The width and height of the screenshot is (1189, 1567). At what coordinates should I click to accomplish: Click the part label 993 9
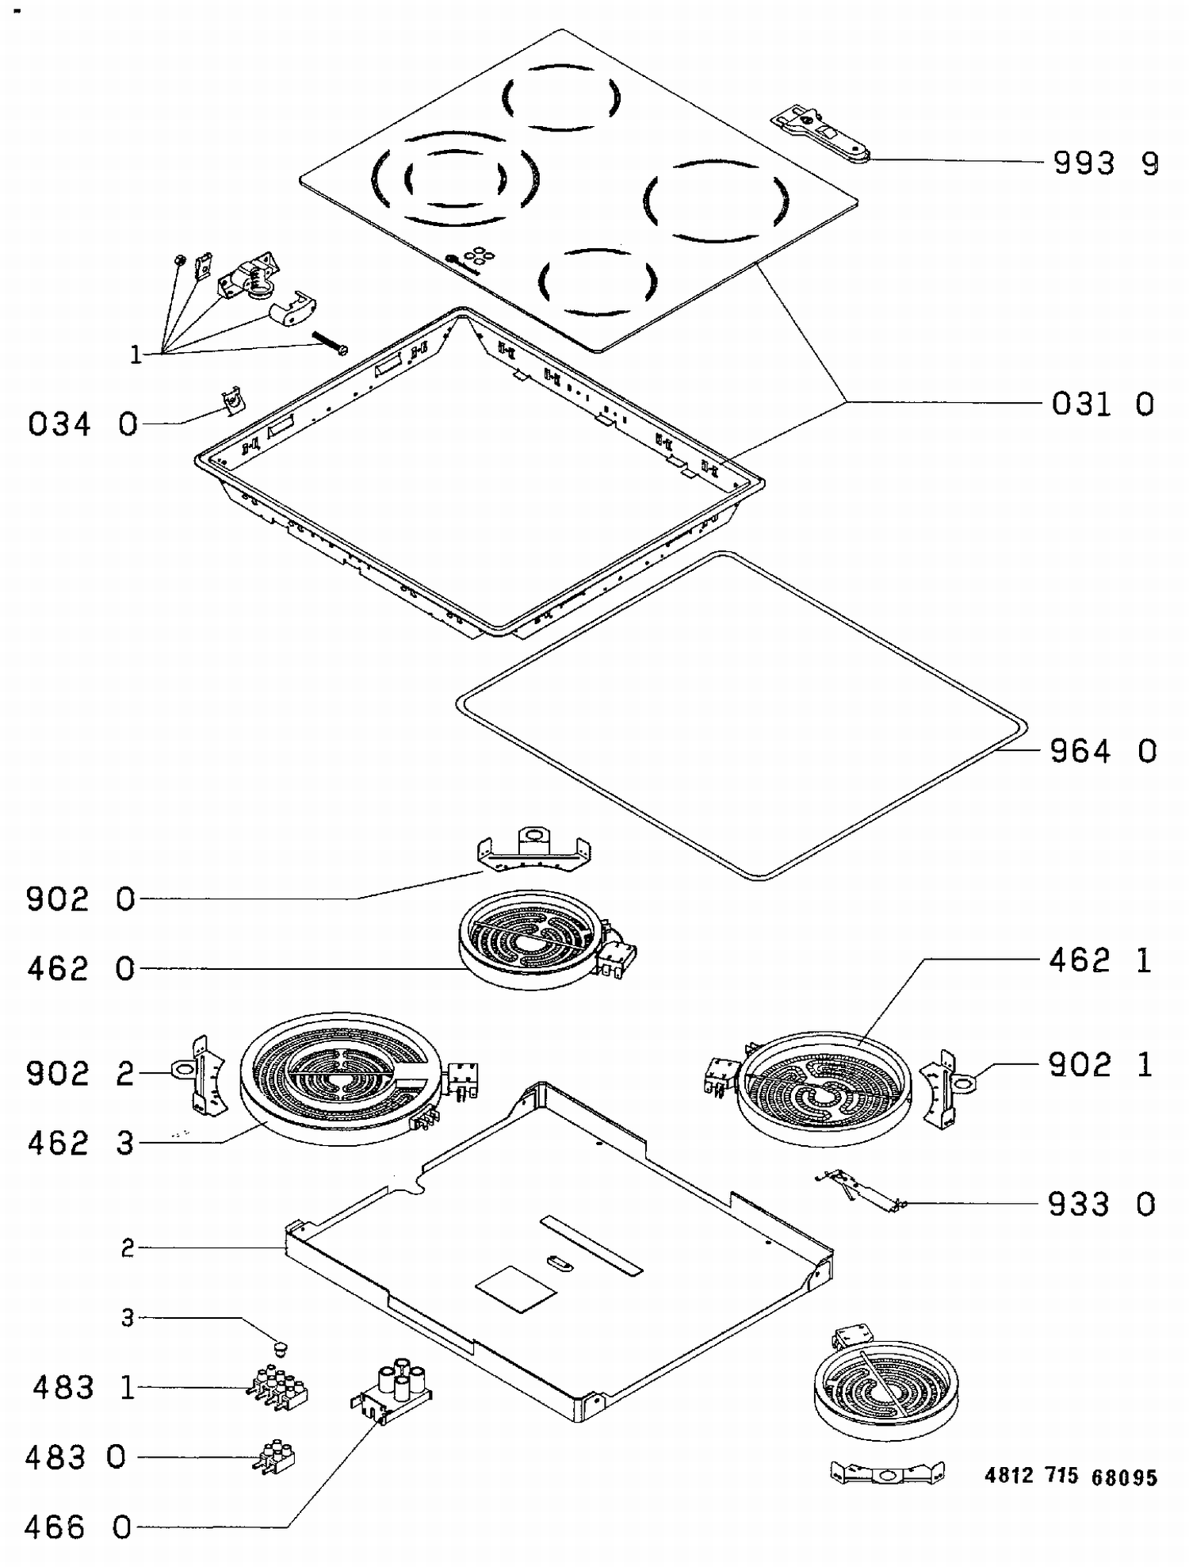coord(1105,163)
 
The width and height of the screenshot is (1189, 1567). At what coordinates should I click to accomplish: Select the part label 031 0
coord(1102,404)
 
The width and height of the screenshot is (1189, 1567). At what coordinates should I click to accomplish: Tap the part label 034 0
coord(82,424)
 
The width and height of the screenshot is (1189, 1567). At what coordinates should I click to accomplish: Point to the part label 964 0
coord(1103,751)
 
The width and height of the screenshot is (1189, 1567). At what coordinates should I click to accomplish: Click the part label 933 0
coord(1101,1205)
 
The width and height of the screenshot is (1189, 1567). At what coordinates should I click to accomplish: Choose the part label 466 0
coord(78,1527)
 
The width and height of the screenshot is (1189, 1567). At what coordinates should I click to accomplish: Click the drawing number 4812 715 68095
coord(1071,1476)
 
